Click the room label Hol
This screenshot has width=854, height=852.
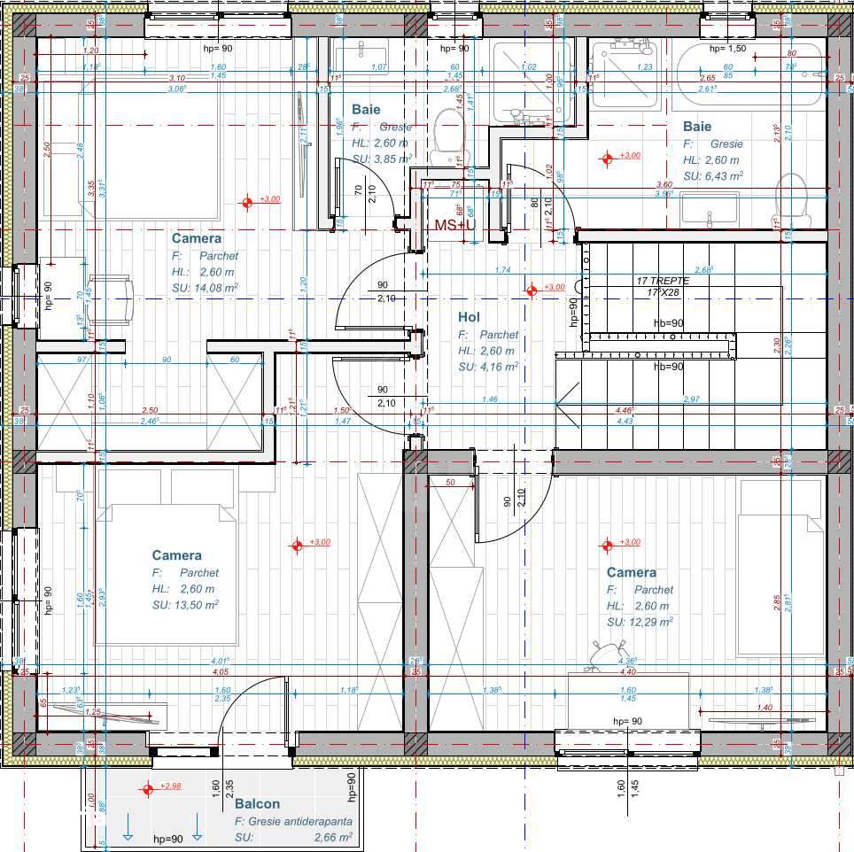click(x=469, y=317)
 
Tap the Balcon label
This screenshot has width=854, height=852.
click(x=257, y=804)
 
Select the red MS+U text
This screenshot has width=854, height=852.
click(x=454, y=225)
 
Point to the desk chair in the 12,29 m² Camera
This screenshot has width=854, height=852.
click(x=609, y=656)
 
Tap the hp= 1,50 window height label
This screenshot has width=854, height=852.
click(x=727, y=48)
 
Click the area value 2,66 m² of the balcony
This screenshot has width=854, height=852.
click(x=332, y=836)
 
